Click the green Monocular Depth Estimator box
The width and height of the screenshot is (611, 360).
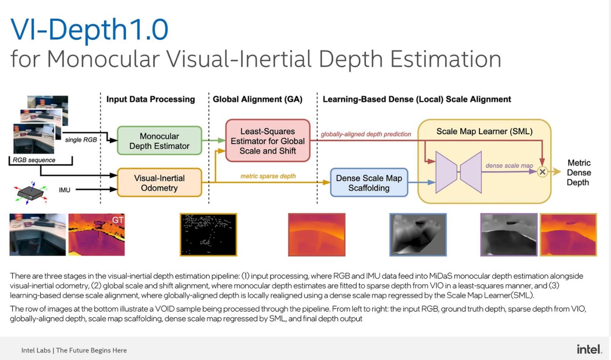click(159, 141)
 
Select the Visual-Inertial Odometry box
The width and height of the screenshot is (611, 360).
click(159, 182)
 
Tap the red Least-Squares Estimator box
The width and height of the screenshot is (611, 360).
click(268, 141)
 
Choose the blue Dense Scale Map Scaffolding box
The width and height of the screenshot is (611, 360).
click(369, 182)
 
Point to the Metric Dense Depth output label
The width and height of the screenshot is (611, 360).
click(578, 173)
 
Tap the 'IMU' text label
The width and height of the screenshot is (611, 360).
click(65, 190)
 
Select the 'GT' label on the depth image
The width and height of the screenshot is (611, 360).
click(118, 219)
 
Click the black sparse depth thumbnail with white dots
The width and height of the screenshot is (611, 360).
click(208, 235)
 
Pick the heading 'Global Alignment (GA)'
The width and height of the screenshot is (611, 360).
click(257, 99)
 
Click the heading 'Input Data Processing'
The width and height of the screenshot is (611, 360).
click(150, 99)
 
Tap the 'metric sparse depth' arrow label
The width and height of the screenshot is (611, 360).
click(268, 176)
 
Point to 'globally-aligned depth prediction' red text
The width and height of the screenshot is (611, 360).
click(366, 134)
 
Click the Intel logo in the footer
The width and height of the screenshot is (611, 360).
click(589, 349)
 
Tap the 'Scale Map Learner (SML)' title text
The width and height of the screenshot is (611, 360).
click(484, 131)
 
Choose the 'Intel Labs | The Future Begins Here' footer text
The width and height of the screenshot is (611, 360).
click(74, 350)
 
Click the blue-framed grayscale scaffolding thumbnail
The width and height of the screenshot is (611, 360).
click(418, 235)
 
